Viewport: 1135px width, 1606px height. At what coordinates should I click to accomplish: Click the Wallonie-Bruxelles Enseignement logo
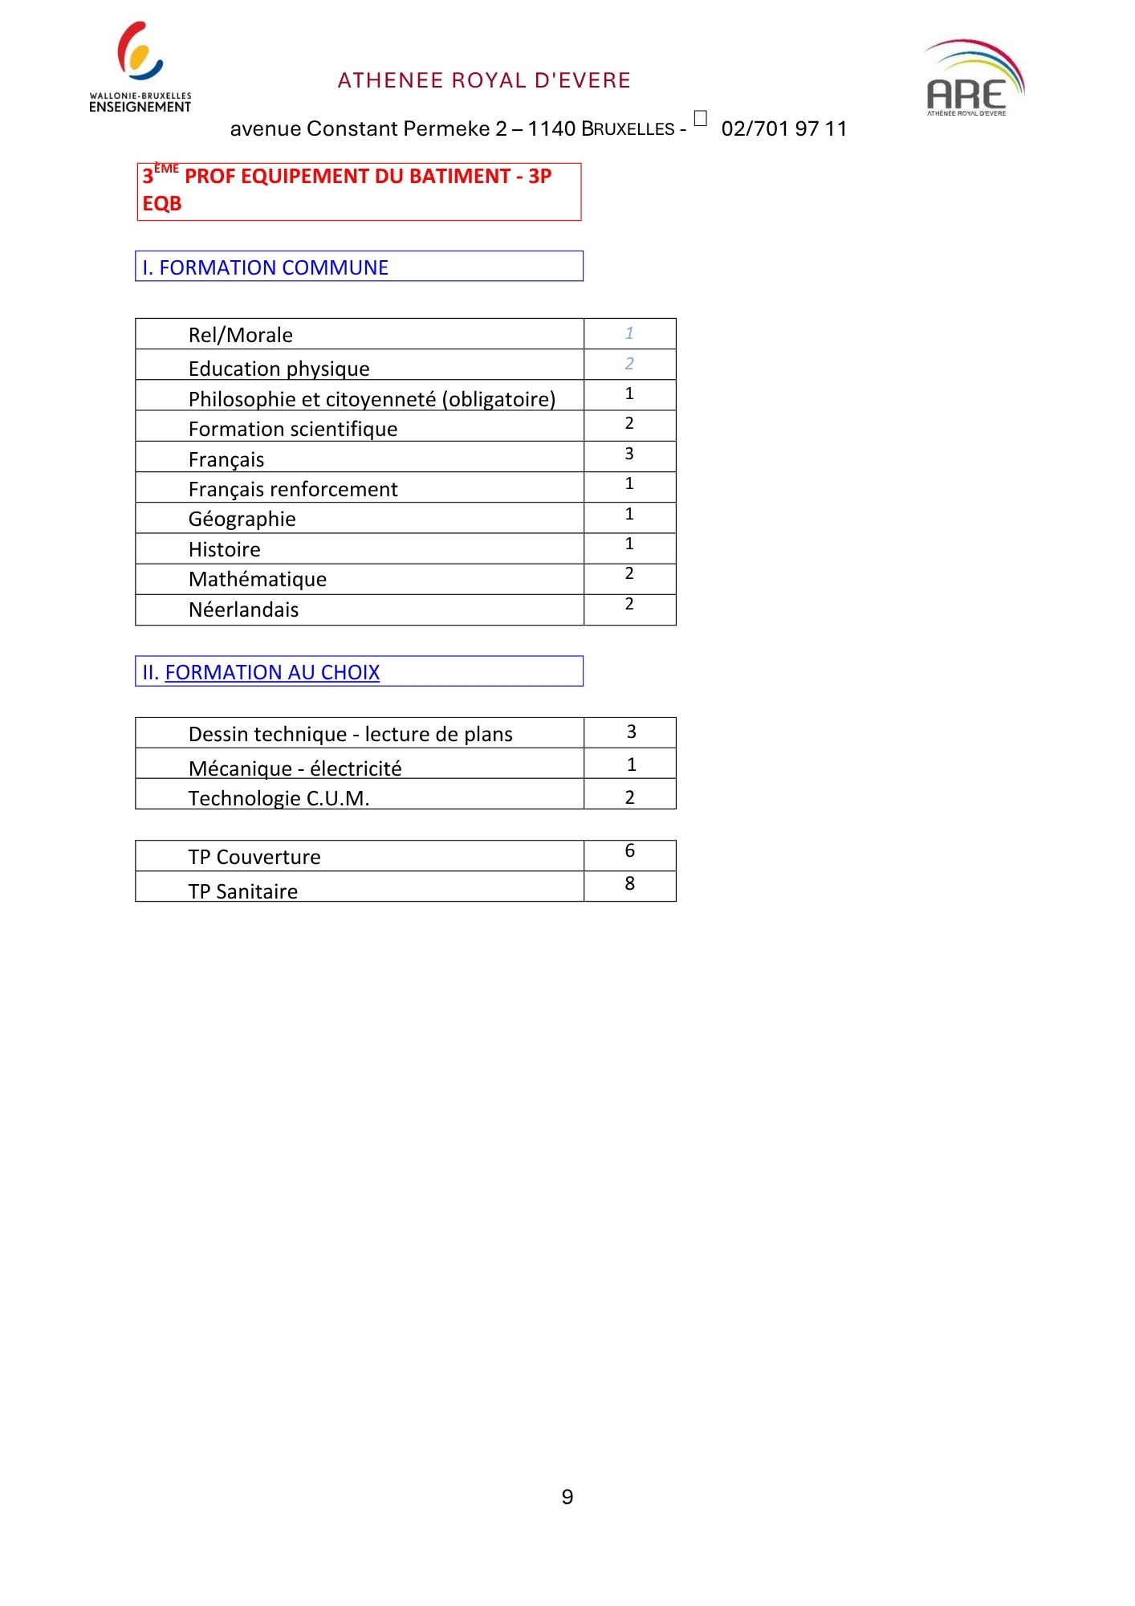pyautogui.click(x=140, y=67)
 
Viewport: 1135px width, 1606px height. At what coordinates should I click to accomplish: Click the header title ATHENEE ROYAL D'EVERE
pyautogui.click(x=484, y=80)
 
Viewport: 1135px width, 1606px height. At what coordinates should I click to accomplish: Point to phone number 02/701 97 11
pyautogui.click(x=783, y=128)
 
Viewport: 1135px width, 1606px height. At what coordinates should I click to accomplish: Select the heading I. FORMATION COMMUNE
pyautogui.click(x=266, y=267)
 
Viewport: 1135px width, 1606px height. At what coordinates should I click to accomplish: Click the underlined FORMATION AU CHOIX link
pyautogui.click(x=272, y=672)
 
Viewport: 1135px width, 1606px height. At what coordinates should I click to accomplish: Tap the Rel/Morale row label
pyautogui.click(x=241, y=335)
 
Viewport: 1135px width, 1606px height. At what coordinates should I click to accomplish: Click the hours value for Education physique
pyautogui.click(x=629, y=364)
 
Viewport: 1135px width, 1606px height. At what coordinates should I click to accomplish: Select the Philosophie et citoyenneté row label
pyautogui.click(x=372, y=399)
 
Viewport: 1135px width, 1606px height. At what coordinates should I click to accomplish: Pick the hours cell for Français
pyautogui.click(x=629, y=454)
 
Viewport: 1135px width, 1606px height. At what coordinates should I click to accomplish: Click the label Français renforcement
pyautogui.click(x=293, y=489)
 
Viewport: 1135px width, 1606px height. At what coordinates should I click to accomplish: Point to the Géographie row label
pyautogui.click(x=242, y=519)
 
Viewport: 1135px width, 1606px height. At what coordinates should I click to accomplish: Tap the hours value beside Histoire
pyautogui.click(x=629, y=544)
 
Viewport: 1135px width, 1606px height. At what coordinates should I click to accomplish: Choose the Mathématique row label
pyautogui.click(x=258, y=579)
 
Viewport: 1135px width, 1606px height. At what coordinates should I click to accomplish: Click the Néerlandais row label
pyautogui.click(x=243, y=609)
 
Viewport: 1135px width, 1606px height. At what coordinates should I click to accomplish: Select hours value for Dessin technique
pyautogui.click(x=631, y=732)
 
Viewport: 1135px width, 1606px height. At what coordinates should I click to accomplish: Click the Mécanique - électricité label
pyautogui.click(x=295, y=768)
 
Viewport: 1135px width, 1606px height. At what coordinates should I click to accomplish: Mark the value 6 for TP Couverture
pyautogui.click(x=629, y=850)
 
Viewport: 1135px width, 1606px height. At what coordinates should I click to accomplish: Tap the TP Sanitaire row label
pyautogui.click(x=242, y=891)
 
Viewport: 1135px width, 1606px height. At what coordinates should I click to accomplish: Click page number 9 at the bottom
pyautogui.click(x=567, y=1497)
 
